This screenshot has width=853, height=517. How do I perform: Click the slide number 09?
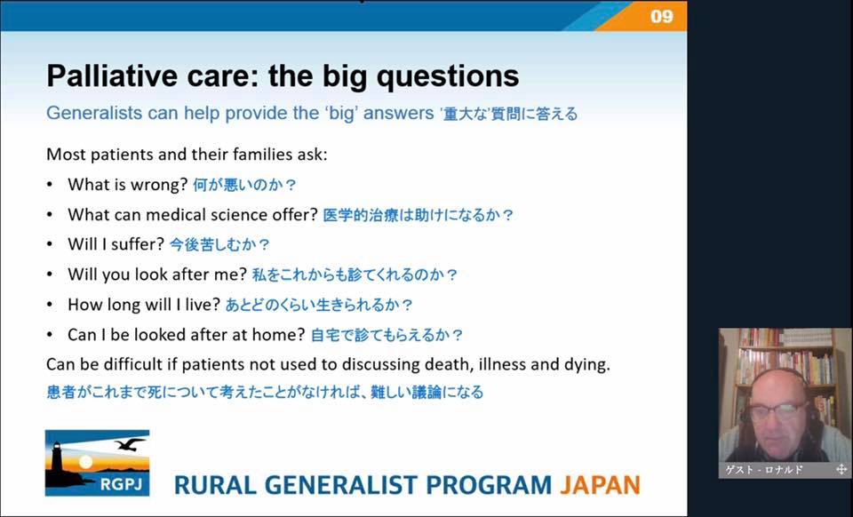pos(661,16)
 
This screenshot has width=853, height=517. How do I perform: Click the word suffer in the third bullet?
pos(138,244)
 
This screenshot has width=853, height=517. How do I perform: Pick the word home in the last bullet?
pos(284,334)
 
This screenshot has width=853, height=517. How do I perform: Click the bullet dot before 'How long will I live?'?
pos(50,305)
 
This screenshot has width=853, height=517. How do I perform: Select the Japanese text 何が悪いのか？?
pos(245,186)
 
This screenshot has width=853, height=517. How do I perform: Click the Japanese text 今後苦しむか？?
pos(219,244)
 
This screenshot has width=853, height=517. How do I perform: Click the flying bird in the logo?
pos(130,444)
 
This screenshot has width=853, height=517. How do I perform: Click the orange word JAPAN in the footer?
pos(600,485)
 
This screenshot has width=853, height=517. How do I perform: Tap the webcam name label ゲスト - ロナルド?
pos(764,470)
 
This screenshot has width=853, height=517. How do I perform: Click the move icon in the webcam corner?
pos(841,469)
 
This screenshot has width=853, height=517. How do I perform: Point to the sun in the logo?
pos(85,462)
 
